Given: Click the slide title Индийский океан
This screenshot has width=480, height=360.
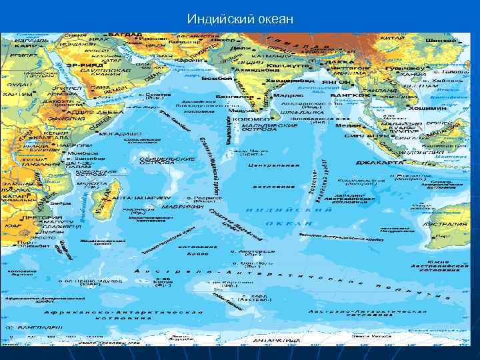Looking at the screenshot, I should click(240, 18).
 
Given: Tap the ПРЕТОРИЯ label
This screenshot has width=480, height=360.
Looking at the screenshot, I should click(38, 218).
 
